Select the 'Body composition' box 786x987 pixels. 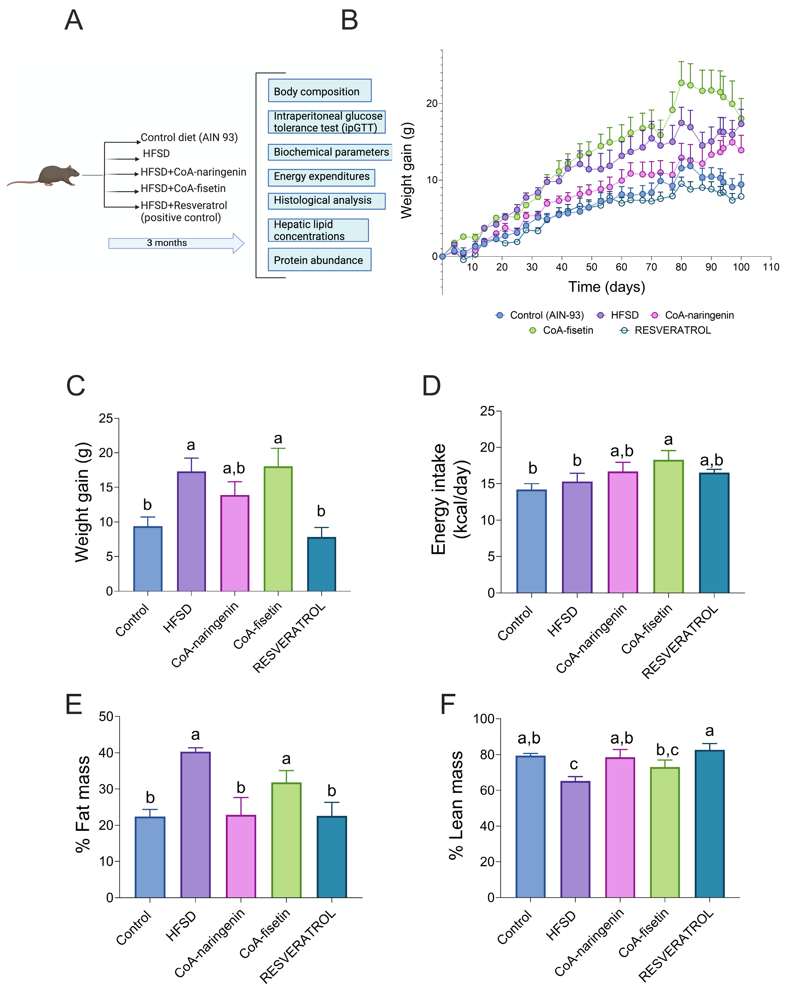click(x=319, y=91)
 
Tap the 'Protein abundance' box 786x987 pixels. click(x=319, y=260)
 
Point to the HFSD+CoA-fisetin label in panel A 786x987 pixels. click(x=183, y=188)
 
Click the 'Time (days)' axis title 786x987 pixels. click(x=606, y=287)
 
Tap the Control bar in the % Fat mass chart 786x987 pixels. click(x=150, y=857)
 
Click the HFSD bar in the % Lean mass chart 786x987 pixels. click(x=575, y=839)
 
